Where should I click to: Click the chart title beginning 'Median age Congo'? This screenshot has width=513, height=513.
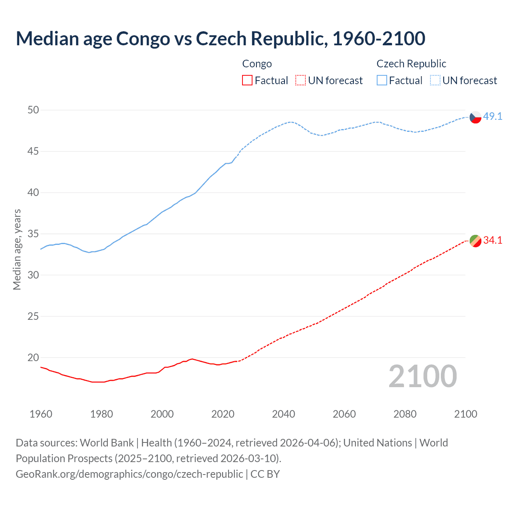pos(220,38)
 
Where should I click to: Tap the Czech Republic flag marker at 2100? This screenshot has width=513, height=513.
pos(475,117)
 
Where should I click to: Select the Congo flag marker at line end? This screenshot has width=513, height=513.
pos(475,241)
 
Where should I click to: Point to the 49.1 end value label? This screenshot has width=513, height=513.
pos(493,116)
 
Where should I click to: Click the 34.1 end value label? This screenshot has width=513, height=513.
pos(493,240)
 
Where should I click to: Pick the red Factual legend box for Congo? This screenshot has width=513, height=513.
pos(247,81)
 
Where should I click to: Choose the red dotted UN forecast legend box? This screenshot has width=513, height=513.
pos(301,81)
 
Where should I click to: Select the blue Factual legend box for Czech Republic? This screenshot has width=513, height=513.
pos(382,81)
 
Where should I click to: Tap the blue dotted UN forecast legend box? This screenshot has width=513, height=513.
pos(435,81)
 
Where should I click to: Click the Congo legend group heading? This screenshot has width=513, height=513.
pos(257,64)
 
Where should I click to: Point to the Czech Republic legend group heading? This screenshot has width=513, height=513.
pos(411,64)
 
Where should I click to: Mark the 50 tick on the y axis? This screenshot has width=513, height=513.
pos(33,110)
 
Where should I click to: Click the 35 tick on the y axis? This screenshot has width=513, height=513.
pos(33,234)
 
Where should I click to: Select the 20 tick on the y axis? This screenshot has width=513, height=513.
pos(33,357)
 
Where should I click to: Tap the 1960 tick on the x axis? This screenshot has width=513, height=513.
pos(41,414)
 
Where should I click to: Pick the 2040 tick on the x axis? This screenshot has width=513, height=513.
pos(283,414)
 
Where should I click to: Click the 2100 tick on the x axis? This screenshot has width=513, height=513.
pos(466,414)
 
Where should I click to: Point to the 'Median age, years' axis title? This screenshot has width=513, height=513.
pos(17,249)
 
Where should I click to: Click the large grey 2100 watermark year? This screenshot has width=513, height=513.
pos(423,376)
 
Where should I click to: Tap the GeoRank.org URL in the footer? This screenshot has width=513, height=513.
pos(129,474)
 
